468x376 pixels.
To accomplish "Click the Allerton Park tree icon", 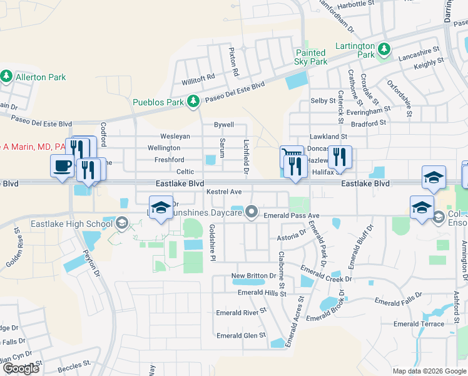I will pyautogui.click(x=7, y=76).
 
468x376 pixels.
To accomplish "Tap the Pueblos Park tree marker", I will pyautogui.click(x=193, y=101).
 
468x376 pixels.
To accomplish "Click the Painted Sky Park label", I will pyautogui.click(x=310, y=58).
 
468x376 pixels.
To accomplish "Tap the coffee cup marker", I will pyautogui.click(x=62, y=165).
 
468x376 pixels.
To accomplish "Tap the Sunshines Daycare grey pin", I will pyautogui.click(x=252, y=212).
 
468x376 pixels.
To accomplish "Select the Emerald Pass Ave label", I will pyautogui.click(x=292, y=216).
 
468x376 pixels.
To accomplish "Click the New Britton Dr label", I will pyautogui.click(x=253, y=276).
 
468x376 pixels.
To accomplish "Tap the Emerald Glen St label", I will pyautogui.click(x=241, y=336).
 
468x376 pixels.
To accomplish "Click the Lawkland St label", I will pyautogui.click(x=328, y=136).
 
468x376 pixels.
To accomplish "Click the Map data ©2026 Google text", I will pyautogui.click(x=428, y=371).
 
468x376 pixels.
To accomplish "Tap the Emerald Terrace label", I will pyautogui.click(x=419, y=324).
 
